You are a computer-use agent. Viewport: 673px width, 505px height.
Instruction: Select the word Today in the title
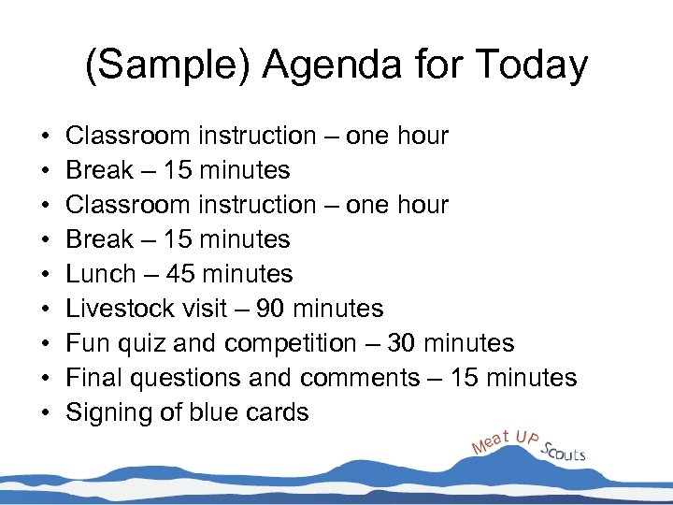[x=531, y=65]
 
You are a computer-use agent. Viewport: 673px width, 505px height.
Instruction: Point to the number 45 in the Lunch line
[x=181, y=274]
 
